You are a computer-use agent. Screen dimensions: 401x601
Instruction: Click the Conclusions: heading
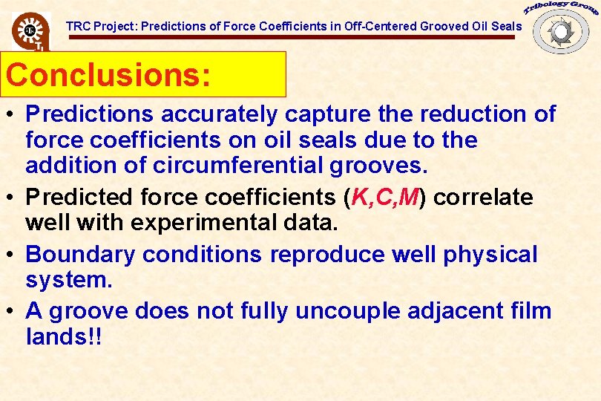coord(108,75)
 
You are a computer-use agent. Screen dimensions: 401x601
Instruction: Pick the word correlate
coord(484,198)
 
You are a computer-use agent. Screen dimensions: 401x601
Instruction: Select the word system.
coord(62,279)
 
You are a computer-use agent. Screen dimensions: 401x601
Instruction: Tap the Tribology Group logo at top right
coord(561,28)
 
